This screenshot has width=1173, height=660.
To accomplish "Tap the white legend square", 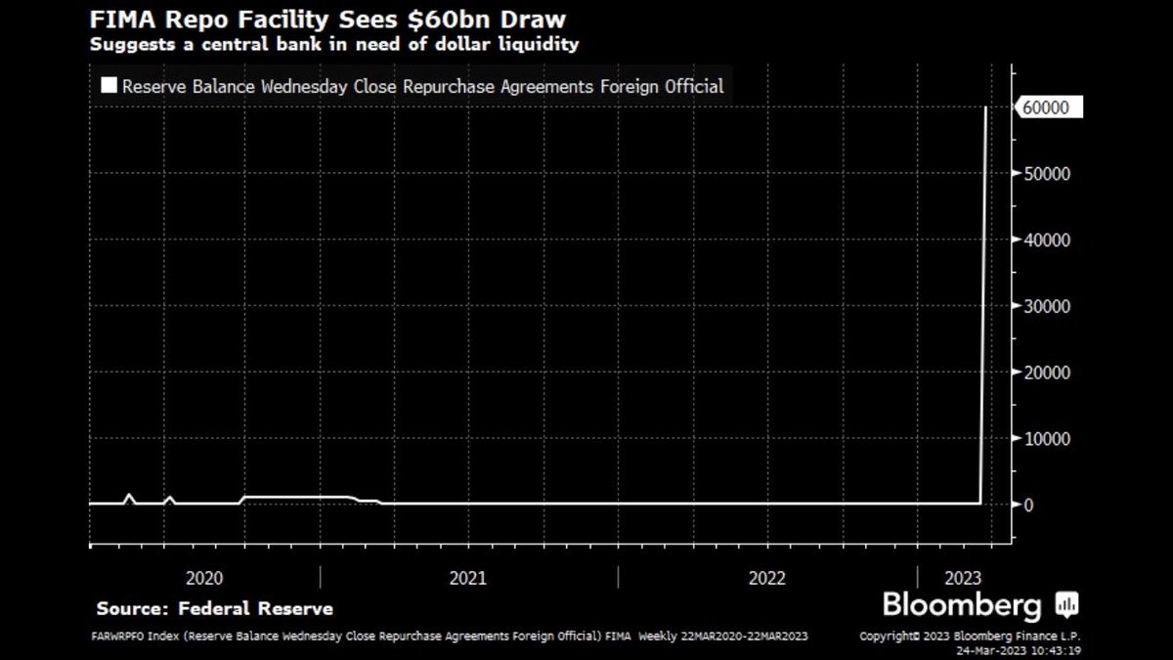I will coord(108,86).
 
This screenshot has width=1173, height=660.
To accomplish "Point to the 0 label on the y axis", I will coord(1028,505).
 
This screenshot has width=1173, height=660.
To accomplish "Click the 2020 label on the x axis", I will coord(203,578).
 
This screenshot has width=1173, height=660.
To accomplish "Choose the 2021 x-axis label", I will coord(467,578).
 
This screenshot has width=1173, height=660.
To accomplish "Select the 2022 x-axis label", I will coord(767,578).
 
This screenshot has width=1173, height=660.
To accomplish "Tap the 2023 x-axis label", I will coord(963,578).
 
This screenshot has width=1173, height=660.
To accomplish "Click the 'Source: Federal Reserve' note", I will coord(214,608).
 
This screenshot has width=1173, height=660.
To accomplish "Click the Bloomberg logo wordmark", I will coord(962,605).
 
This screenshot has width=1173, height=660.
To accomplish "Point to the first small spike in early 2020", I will coord(128,496).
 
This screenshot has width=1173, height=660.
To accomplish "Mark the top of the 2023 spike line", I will coord(986,108).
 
